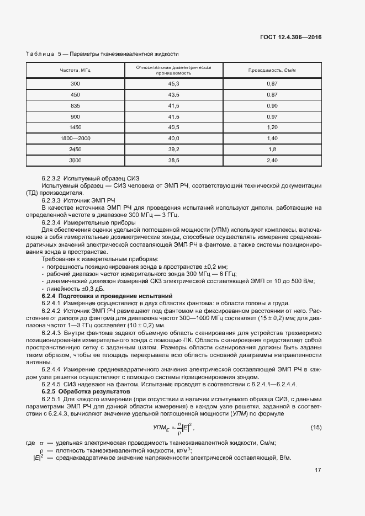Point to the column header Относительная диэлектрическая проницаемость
pos(174,70)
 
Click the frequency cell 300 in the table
pos(75,83)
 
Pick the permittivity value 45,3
pos(174,83)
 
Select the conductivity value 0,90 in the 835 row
pos(272,105)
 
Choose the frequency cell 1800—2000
pos(75,138)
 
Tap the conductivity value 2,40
pos(272,160)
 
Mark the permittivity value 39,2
pos(174,149)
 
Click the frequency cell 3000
pos(75,160)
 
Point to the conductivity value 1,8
pos(272,149)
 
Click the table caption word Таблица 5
pos(44,54)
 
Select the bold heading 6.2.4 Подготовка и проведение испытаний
pos(107,296)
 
